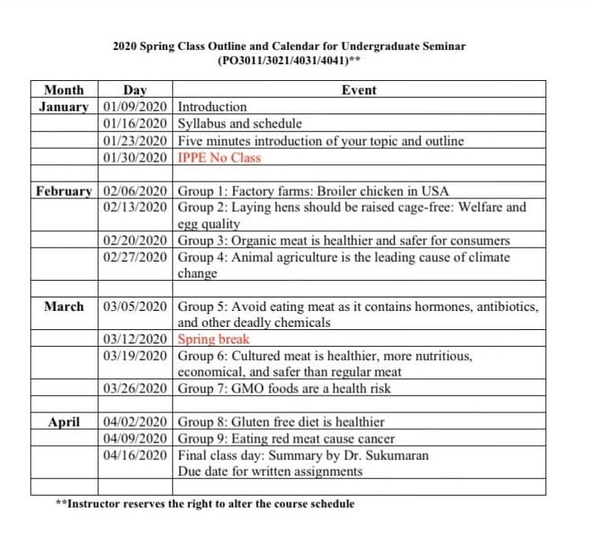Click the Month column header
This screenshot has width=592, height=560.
click(x=64, y=90)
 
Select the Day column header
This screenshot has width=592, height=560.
click(x=136, y=90)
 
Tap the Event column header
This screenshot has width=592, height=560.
click(x=358, y=90)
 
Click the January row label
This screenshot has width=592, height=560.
click(x=64, y=106)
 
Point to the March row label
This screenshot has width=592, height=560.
click(x=64, y=305)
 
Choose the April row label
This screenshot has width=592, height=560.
click(x=64, y=422)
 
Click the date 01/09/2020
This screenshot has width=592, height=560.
click(x=136, y=106)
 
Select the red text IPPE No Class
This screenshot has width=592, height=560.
click(x=219, y=157)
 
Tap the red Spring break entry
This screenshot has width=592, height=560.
click(x=213, y=339)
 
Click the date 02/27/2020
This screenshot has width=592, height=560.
click(x=136, y=257)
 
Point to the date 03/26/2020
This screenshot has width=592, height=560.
click(x=136, y=389)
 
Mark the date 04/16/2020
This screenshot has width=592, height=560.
click(x=136, y=455)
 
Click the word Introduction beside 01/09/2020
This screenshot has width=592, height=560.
click(x=212, y=106)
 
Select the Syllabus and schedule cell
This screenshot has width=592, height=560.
click(x=239, y=124)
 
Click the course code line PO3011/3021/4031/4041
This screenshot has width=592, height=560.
click(x=288, y=60)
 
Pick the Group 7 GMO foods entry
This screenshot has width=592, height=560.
click(x=284, y=389)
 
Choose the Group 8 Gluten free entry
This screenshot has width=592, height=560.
click(x=281, y=422)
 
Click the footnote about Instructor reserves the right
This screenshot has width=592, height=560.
click(x=205, y=504)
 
